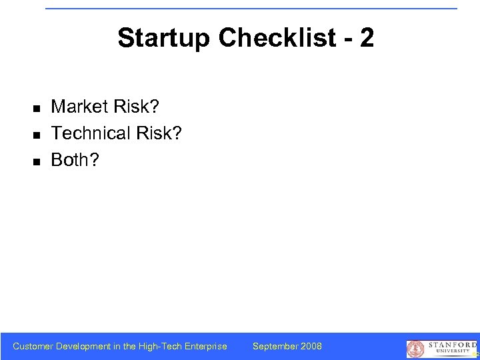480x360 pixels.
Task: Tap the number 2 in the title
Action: pyautogui.click(x=366, y=39)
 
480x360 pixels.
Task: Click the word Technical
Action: pyautogui.click(x=91, y=133)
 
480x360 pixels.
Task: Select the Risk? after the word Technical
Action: pyautogui.click(x=158, y=133)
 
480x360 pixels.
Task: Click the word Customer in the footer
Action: pyautogui.click(x=33, y=346)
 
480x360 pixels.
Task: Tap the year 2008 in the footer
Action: pyautogui.click(x=311, y=346)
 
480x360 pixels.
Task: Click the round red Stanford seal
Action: pyautogui.click(x=415, y=349)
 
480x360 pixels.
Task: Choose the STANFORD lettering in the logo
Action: pyautogui.click(x=449, y=345)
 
